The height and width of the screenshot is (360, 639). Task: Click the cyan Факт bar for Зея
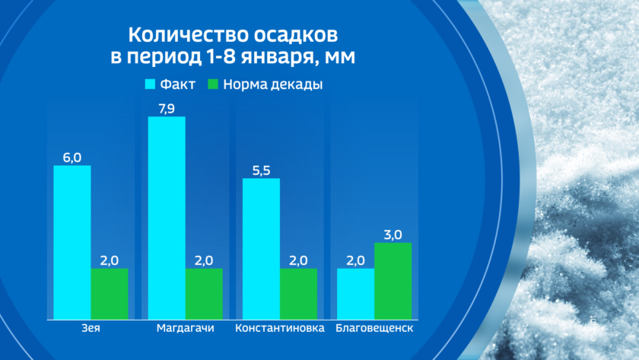coord(72,242)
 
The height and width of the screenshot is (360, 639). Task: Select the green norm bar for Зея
coord(110,294)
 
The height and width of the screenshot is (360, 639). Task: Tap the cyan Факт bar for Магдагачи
coord(167,218)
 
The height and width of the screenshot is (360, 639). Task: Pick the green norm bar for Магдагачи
coord(204,294)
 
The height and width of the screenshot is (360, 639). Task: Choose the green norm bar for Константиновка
coord(298,294)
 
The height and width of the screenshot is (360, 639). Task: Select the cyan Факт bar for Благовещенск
coord(355,294)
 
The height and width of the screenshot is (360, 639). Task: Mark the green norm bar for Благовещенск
coord(393,281)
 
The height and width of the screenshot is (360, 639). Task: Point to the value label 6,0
coord(72,157)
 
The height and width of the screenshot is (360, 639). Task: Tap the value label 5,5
coord(261,170)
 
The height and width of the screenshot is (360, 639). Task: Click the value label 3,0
coord(393,234)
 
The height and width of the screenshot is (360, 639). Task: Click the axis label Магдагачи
coord(185,329)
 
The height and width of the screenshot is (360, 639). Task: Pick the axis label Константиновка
coord(279,329)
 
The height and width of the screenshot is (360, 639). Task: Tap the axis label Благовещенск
coord(374,329)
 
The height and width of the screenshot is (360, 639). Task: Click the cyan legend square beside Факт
coord(150,84)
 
